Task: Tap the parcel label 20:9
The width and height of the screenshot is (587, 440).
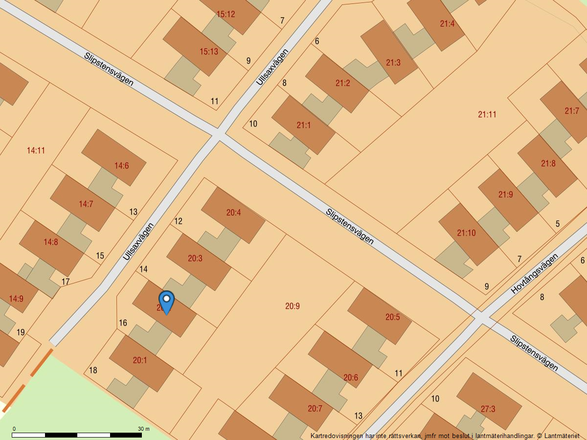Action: click(292, 306)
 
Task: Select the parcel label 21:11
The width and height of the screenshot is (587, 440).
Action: click(487, 114)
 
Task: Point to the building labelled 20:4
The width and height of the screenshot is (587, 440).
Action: click(233, 213)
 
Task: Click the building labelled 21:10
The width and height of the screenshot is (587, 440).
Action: click(466, 233)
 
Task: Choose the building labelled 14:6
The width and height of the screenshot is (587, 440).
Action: click(121, 166)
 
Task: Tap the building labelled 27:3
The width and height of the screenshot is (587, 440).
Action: click(488, 409)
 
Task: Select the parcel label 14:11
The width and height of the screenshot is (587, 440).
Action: click(36, 151)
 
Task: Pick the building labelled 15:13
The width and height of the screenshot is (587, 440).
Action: click(209, 51)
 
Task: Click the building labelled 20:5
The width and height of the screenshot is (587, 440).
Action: click(392, 317)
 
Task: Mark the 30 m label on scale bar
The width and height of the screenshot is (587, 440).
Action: click(143, 429)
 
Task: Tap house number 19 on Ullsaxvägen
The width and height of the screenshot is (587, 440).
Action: click(21, 332)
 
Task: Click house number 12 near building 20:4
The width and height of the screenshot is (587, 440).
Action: click(178, 221)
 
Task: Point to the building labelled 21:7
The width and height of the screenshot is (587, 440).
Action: click(571, 111)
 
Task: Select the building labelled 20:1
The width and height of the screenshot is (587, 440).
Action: click(140, 360)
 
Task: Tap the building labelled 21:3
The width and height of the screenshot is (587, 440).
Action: click(393, 63)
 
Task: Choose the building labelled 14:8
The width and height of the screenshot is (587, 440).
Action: click(50, 242)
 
